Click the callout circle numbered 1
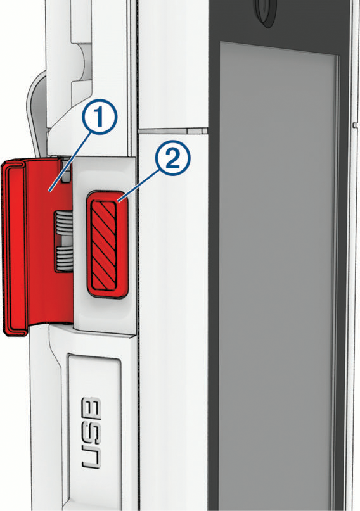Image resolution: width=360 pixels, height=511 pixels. [x=99, y=118]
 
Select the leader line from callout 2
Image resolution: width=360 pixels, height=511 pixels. [x=139, y=186]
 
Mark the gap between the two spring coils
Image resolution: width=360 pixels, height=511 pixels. [x=64, y=241]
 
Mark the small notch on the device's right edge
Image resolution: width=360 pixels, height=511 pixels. [x=355, y=125]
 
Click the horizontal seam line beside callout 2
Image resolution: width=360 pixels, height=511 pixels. [x=173, y=130]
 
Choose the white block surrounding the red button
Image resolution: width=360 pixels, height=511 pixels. [x=105, y=245]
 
